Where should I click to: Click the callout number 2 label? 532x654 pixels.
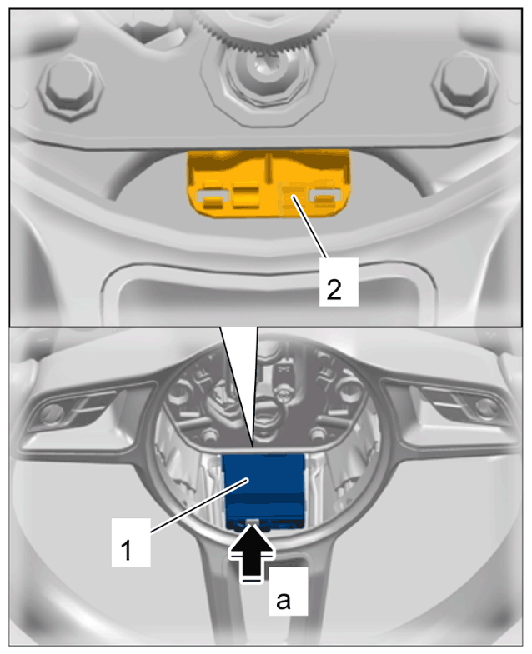tap(339, 282)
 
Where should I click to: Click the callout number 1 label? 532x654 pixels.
tap(131, 542)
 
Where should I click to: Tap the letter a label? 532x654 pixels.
tap(289, 591)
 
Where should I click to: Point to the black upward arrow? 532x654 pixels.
tap(252, 552)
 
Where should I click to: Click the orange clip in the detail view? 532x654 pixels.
tap(268, 183)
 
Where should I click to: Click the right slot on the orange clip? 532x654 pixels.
tap(325, 195)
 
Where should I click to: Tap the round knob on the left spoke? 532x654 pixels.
tap(51, 413)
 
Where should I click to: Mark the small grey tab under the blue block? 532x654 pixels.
tap(252, 522)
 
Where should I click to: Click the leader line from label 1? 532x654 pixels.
tap(200, 506)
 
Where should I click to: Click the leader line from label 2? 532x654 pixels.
tap(310, 227)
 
